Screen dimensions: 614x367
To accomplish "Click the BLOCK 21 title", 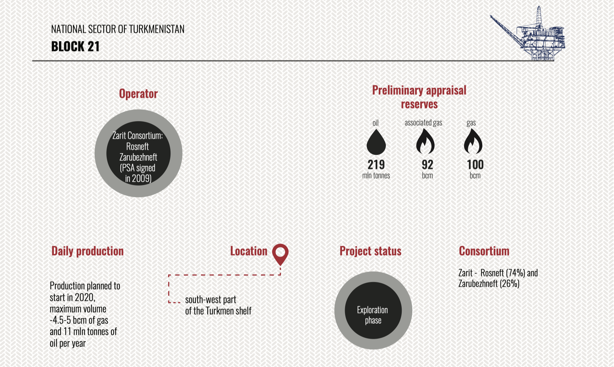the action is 75,46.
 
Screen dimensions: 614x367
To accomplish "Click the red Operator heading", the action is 138,93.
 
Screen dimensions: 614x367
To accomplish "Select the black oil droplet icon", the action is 376,142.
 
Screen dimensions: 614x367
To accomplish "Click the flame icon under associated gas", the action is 425,142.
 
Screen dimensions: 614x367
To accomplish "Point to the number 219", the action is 376,165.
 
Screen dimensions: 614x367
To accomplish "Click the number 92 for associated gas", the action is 427,165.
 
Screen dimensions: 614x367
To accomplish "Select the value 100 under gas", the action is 475,165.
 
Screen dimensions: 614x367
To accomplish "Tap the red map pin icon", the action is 280,255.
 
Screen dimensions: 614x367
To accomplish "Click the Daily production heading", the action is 87,251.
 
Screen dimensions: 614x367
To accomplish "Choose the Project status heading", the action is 370,251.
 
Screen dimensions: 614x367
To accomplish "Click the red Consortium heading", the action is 484,251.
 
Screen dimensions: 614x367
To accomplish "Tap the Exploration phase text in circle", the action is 373,315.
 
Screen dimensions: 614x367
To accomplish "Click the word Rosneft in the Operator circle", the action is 138,146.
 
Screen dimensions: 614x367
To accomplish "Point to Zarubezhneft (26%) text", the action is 489,283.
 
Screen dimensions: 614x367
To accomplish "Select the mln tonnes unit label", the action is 376,176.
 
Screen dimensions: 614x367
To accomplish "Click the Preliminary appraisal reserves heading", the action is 419,97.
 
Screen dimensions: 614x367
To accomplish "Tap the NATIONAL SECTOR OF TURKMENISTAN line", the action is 118,29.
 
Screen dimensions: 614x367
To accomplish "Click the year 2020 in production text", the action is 85,297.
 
